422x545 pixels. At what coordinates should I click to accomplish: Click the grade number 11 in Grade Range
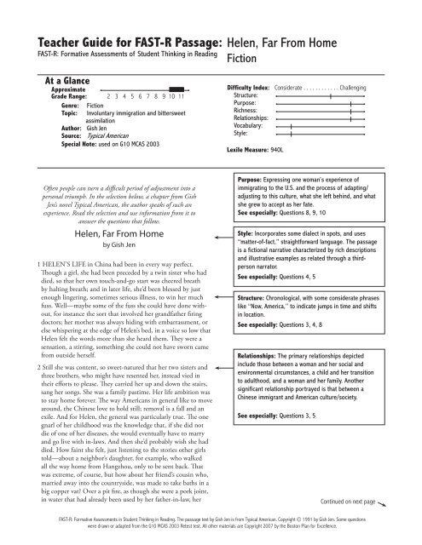[x=182, y=96]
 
